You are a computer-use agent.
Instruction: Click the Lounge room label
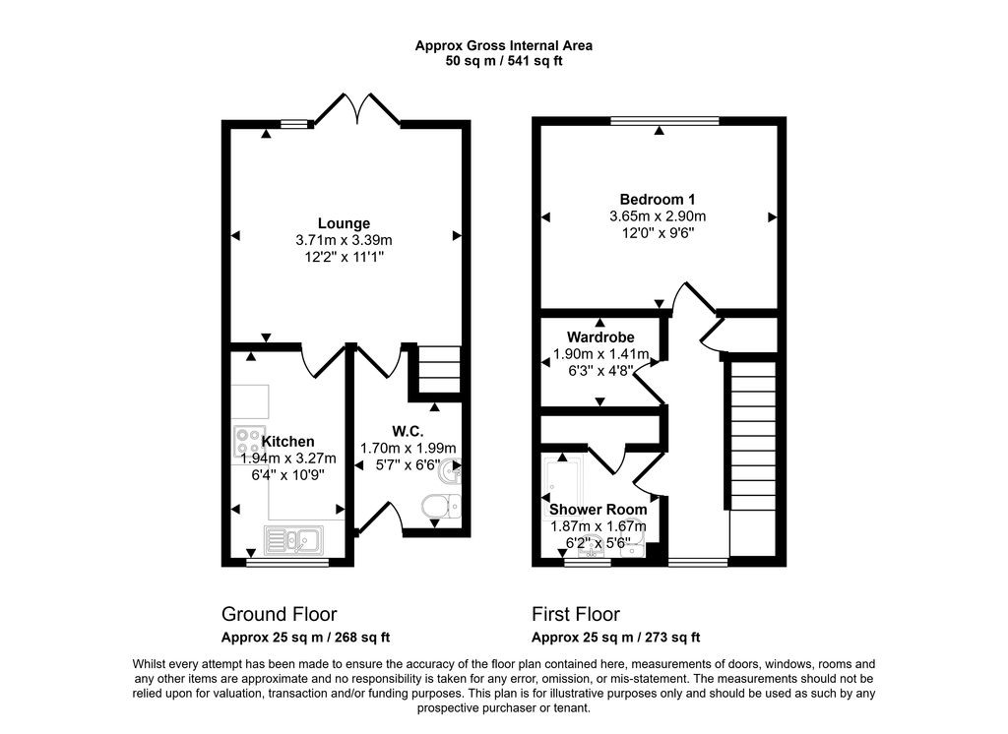pos(344,223)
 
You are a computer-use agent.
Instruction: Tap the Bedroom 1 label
pos(658,199)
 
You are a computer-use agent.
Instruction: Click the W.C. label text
pos(407,429)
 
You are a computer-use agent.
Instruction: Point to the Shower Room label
pos(598,509)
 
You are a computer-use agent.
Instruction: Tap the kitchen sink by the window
pos(292,539)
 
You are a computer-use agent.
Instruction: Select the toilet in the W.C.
pos(437,507)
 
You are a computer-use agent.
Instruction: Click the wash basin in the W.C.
pos(450,473)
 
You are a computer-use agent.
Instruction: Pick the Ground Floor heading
pos(279,614)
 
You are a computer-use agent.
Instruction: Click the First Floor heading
pos(576,614)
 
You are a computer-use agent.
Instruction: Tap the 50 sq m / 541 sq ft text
pos(503,61)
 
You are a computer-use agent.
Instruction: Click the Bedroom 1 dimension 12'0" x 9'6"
pos(658,233)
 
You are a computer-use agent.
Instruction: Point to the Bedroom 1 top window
pos(663,121)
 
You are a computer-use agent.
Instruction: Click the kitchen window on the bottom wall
pos(286,563)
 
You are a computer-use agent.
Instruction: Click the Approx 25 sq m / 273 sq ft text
pos(615,637)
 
